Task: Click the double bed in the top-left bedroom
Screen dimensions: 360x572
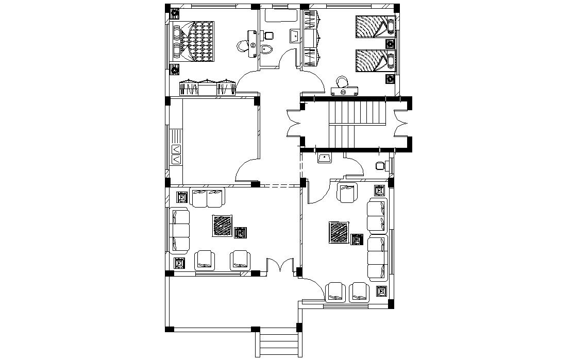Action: pyautogui.click(x=194, y=41)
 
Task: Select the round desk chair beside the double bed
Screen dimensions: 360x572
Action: pyautogui.click(x=242, y=46)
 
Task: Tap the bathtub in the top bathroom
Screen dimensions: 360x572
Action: pyautogui.click(x=281, y=15)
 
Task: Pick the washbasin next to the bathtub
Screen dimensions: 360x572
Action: pyautogui.click(x=294, y=36)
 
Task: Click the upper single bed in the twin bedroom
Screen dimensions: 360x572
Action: pyautogui.click(x=374, y=27)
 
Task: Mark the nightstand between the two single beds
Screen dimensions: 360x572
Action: pyautogui.click(x=390, y=44)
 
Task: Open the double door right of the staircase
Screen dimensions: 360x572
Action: pyautogui.click(x=401, y=124)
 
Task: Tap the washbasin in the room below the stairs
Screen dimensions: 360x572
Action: pyautogui.click(x=325, y=158)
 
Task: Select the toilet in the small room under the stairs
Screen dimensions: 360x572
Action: pyautogui.click(x=380, y=166)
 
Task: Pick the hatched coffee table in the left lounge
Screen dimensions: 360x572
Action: pyautogui.click(x=222, y=226)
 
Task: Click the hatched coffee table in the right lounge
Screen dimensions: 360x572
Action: pyautogui.click(x=339, y=232)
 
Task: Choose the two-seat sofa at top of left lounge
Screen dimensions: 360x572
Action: pyautogui.click(x=208, y=197)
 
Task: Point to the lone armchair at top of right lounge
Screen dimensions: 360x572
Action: pyautogui.click(x=347, y=193)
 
